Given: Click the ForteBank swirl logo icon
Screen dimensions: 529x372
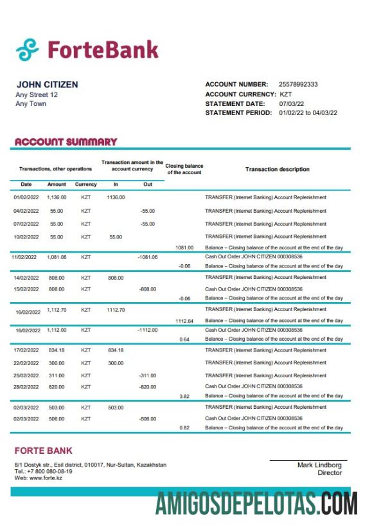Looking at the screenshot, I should click(x=28, y=49).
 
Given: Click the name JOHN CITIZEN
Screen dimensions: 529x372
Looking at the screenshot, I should click(x=47, y=85).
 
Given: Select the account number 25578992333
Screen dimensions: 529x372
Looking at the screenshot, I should click(x=298, y=85).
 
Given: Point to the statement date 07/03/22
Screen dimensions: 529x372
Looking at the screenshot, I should click(x=292, y=103).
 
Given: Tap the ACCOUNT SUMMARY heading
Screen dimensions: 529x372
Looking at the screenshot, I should click(x=66, y=141).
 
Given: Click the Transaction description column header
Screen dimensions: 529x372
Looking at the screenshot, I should click(x=277, y=170).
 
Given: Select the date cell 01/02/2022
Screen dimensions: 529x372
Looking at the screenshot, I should click(x=26, y=198).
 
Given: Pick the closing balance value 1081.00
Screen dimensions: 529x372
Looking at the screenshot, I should click(x=184, y=247).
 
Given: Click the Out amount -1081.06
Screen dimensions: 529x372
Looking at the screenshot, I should click(x=147, y=256).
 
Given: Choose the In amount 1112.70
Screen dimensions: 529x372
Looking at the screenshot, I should click(x=116, y=310).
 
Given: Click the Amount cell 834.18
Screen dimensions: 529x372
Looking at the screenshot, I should click(x=57, y=350).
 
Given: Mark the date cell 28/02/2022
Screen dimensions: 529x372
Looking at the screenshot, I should click(x=26, y=386).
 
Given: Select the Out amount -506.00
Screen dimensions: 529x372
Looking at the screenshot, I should click(x=148, y=418).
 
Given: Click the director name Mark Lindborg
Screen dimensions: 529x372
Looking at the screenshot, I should click(x=319, y=465).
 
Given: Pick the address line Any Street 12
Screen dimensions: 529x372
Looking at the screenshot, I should click(x=37, y=94).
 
